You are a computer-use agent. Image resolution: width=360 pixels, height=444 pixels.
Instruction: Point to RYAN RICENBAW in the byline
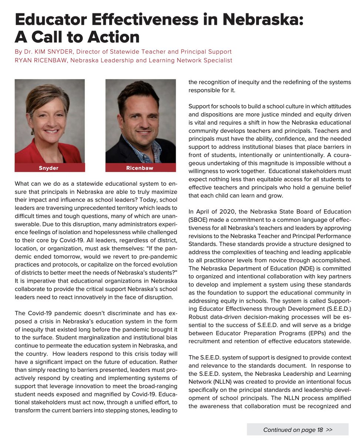click(x=40, y=60)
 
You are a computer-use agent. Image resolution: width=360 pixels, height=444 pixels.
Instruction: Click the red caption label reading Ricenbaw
click(x=140, y=168)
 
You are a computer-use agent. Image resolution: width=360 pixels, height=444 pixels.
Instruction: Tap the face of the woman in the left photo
click(x=50, y=118)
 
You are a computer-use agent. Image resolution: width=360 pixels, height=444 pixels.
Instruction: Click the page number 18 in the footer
click(x=320, y=430)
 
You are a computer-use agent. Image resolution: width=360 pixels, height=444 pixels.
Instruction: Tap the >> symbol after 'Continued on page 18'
click(x=330, y=430)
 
